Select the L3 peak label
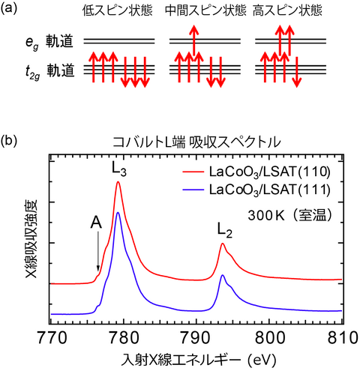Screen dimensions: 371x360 (x=118, y=170)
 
